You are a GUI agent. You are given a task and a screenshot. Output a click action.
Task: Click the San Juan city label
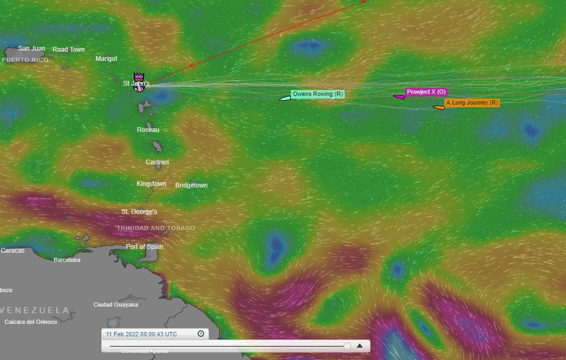[32, 49]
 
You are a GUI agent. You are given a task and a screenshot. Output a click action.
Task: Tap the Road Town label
[68, 50]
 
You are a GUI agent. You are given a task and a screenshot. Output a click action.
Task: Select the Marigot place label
[106, 59]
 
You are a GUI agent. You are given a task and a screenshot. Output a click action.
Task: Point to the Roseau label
[148, 130]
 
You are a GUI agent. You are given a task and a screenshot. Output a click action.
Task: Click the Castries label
[157, 162]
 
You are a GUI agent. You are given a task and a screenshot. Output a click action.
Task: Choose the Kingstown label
[151, 184]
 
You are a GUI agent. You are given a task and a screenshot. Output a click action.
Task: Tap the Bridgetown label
[191, 185]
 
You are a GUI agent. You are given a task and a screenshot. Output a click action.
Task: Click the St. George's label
[139, 212]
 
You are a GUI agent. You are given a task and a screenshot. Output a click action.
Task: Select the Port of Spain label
[144, 247]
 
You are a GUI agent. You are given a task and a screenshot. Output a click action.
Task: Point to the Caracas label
[12, 251]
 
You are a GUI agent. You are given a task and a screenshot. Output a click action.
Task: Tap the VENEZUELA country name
[36, 310]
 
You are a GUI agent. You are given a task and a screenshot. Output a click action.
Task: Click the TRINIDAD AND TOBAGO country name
[156, 228]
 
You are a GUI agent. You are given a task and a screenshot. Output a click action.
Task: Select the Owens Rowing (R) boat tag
[318, 94]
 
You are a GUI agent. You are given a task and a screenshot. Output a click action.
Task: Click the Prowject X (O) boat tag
[426, 92]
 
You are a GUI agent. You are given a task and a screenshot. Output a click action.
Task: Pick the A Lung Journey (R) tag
[472, 102]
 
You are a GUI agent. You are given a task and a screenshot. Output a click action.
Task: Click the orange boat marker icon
[439, 107]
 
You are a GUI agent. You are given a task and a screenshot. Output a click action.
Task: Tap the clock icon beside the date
[201, 334]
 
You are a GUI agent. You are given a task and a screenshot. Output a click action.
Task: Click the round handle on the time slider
[347, 345]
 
